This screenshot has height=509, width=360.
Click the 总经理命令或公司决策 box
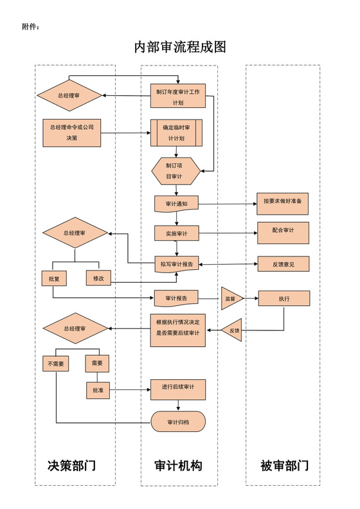pyautogui.click(x=71, y=132)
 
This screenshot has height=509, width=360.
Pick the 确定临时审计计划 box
pyautogui.click(x=176, y=132)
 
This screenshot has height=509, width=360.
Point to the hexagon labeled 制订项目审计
pyautogui.click(x=173, y=170)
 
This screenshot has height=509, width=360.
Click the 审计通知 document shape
pyautogui.click(x=176, y=204)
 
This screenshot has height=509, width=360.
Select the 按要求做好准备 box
pyautogui.click(x=282, y=202)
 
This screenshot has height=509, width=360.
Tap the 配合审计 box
pyautogui.click(x=283, y=232)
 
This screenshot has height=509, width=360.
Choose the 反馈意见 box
pyautogui.click(x=283, y=263)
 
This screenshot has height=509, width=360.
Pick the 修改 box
pyautogui.click(x=99, y=278)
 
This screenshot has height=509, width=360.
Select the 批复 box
pyautogui.click(x=53, y=278)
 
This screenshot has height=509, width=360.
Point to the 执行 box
pyautogui.click(x=283, y=298)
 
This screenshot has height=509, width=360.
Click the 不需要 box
pyautogui.click(x=56, y=363)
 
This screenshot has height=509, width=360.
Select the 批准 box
pyautogui.click(x=98, y=389)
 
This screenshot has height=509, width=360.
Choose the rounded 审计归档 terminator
pyautogui.click(x=178, y=422)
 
